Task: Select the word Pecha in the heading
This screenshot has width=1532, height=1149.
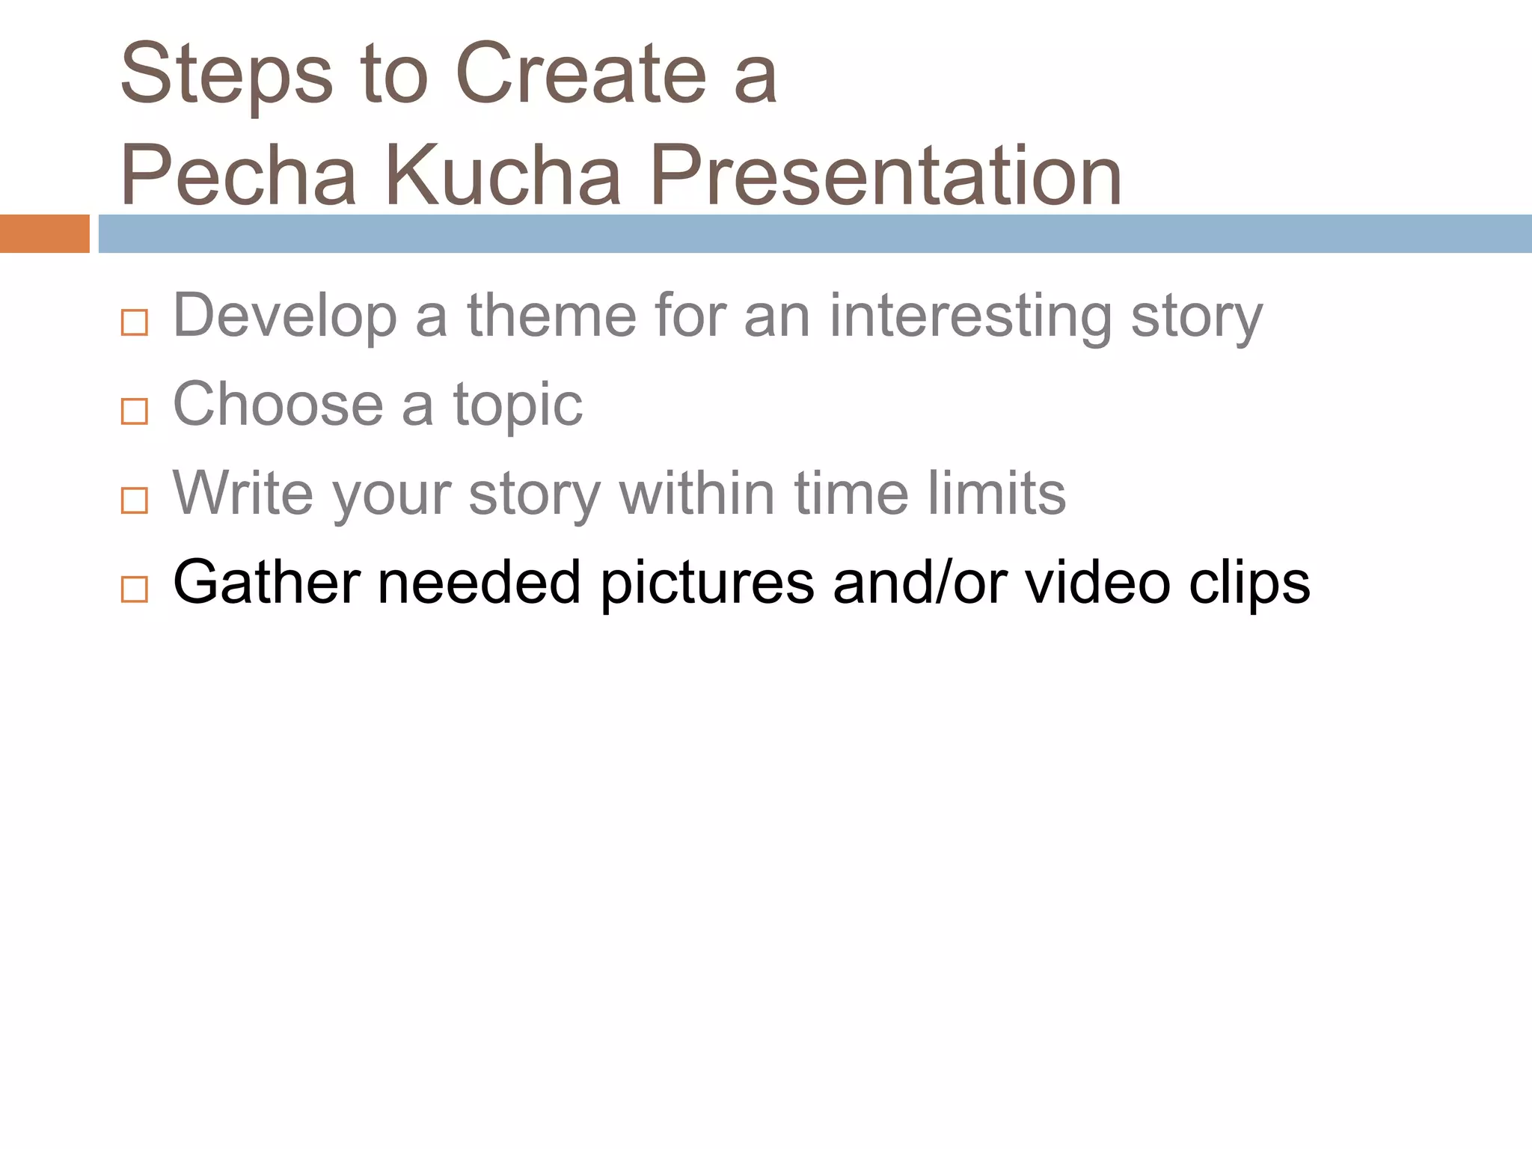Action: pos(238,177)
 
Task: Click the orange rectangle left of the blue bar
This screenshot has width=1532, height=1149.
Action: pos(44,233)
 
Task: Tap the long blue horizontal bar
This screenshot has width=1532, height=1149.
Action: pos(814,233)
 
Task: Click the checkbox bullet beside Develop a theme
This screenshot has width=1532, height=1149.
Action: pos(135,322)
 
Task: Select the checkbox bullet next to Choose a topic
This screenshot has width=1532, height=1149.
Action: pos(135,411)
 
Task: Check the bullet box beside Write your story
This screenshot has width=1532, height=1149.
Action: pos(135,500)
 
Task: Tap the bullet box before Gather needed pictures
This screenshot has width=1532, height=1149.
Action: pos(135,589)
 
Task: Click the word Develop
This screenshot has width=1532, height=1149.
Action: pos(284,317)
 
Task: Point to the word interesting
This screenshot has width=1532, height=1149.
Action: pos(970,317)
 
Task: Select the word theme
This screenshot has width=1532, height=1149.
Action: pos(552,316)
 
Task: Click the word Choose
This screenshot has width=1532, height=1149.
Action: pos(278,405)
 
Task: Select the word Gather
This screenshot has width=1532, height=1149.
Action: pos(266,583)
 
